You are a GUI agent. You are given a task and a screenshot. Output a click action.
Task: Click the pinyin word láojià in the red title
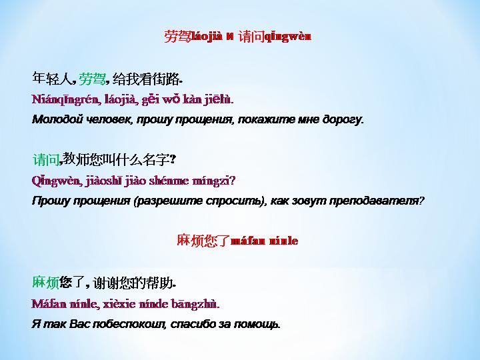coord(207,37)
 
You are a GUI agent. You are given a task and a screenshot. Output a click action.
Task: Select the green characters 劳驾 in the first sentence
coord(92,79)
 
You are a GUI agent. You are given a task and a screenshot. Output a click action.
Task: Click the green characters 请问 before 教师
coord(46,159)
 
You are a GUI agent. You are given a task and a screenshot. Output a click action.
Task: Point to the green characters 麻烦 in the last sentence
coord(45,282)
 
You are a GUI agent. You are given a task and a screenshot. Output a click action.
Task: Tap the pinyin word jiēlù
coord(219,99)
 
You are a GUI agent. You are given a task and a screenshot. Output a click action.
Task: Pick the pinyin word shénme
coord(169,181)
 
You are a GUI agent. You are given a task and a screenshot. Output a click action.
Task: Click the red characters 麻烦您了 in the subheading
coord(203,240)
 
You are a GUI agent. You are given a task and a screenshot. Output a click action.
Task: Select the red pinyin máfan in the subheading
coord(248,241)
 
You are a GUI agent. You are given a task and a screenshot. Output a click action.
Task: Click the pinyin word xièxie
coord(119,304)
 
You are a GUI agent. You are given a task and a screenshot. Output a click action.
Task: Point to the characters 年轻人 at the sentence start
coord(52,79)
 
